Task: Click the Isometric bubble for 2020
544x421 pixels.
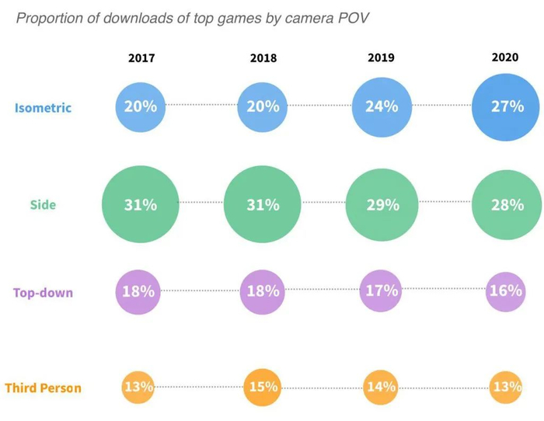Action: [x=507, y=107]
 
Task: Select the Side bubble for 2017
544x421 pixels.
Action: [x=140, y=205]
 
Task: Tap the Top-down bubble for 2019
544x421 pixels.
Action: [x=382, y=292]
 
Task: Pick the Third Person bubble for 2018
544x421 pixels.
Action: [x=263, y=387]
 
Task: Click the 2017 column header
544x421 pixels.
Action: [x=141, y=58]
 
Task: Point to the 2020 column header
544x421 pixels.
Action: [x=505, y=57]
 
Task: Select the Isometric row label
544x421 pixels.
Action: [x=43, y=107]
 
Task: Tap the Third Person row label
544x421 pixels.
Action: [x=43, y=387]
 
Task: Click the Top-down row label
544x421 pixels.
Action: [x=43, y=293]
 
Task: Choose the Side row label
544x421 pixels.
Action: [x=43, y=205]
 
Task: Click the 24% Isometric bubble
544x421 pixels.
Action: [x=382, y=106]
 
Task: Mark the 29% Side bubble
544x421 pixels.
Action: [x=382, y=205]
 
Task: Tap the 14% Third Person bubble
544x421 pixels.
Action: [x=382, y=386]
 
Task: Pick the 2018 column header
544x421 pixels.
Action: [x=263, y=58]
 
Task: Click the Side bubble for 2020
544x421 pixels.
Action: [x=507, y=205]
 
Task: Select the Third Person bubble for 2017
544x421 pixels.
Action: [x=138, y=386]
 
